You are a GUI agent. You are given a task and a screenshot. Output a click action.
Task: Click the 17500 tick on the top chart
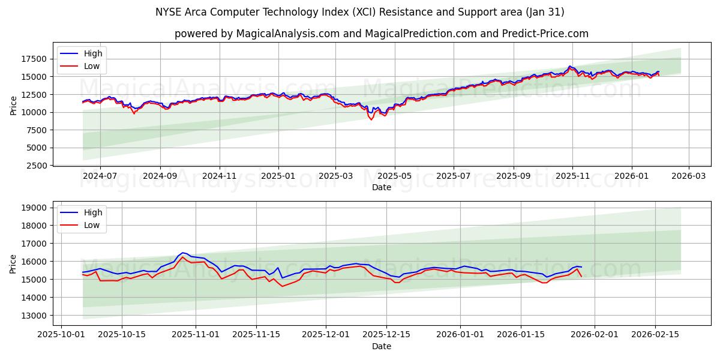pyautogui.click(x=35, y=59)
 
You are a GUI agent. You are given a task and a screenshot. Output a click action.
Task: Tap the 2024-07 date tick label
pyautogui.click(x=100, y=176)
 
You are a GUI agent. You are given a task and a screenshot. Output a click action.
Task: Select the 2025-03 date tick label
pyautogui.click(x=335, y=176)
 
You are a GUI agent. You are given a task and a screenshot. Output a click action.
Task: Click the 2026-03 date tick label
pyautogui.click(x=688, y=176)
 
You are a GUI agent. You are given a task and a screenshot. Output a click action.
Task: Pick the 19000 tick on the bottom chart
pyautogui.click(x=35, y=208)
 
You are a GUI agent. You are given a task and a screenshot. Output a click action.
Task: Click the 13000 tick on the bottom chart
pyautogui.click(x=35, y=316)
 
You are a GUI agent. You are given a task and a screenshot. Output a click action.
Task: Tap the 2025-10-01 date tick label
pyautogui.click(x=64, y=334)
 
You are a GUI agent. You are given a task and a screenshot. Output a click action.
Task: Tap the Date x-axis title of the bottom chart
pyautogui.click(x=382, y=346)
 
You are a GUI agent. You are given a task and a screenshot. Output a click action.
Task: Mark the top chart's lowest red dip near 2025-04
pyautogui.click(x=371, y=119)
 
